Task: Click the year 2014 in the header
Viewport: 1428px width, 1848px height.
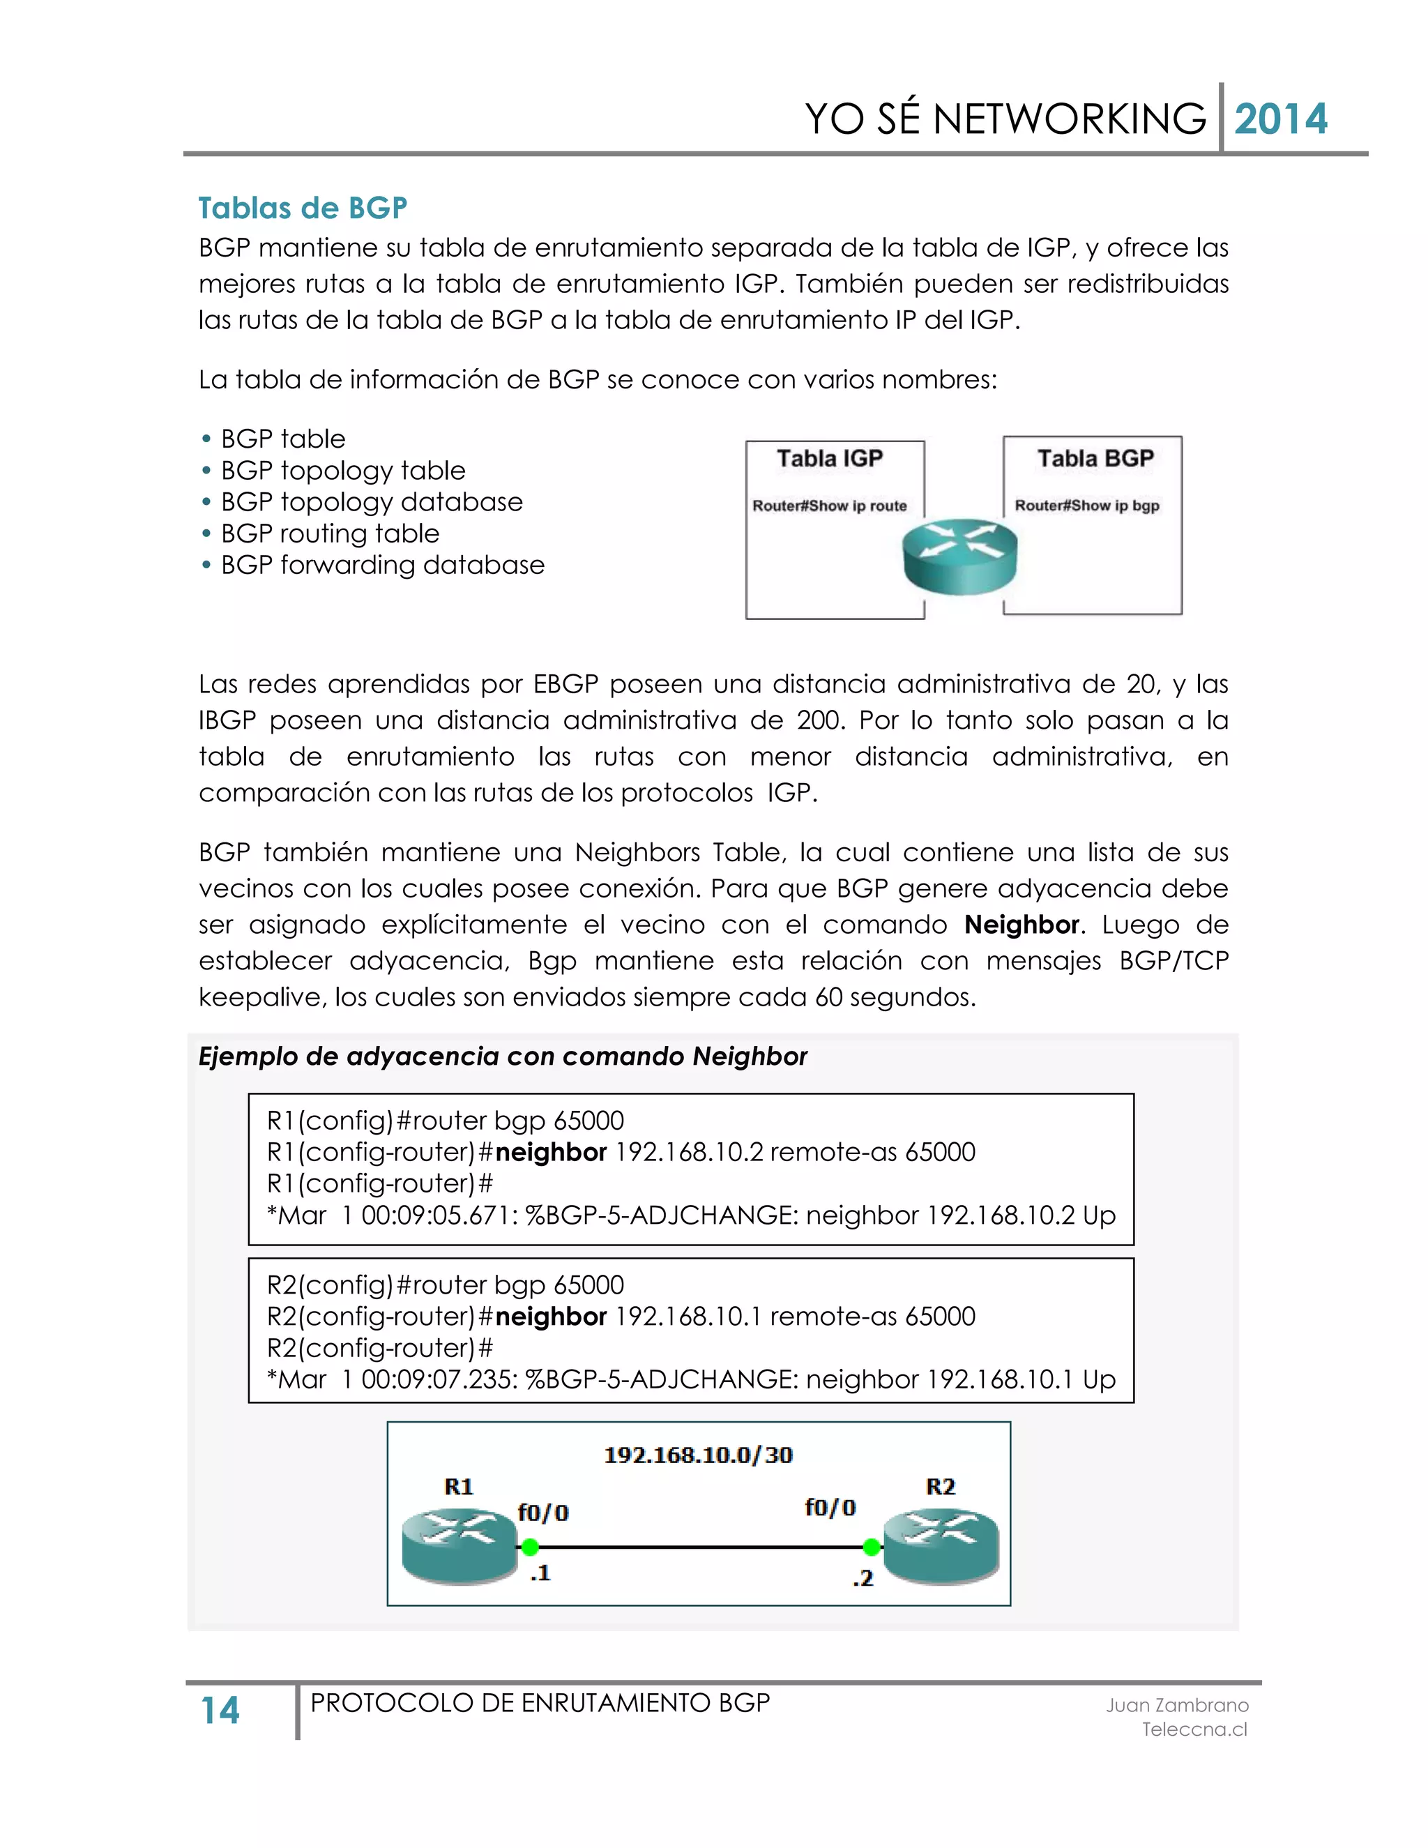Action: (1280, 119)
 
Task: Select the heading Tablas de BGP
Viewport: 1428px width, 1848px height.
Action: (303, 207)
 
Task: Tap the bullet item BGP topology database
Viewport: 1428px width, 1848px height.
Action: (372, 502)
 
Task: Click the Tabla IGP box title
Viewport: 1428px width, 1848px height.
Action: (829, 459)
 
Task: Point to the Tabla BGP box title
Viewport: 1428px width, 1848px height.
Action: (1095, 459)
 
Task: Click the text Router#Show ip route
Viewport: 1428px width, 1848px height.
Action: (829, 506)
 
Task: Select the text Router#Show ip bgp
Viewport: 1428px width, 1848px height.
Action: (1087, 506)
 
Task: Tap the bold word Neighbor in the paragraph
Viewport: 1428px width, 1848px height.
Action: (1021, 925)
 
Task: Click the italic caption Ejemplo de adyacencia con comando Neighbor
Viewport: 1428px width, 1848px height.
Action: (503, 1056)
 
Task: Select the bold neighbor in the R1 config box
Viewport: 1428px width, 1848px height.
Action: (551, 1153)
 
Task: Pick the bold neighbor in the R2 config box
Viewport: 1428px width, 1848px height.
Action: (551, 1317)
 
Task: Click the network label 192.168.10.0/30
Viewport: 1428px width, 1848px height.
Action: (698, 1455)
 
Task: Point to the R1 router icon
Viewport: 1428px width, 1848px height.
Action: (459, 1547)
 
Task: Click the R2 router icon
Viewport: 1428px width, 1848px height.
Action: (941, 1547)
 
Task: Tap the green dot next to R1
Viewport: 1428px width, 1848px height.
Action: (531, 1547)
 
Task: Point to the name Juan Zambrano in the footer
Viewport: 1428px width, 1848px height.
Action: (1177, 1706)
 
